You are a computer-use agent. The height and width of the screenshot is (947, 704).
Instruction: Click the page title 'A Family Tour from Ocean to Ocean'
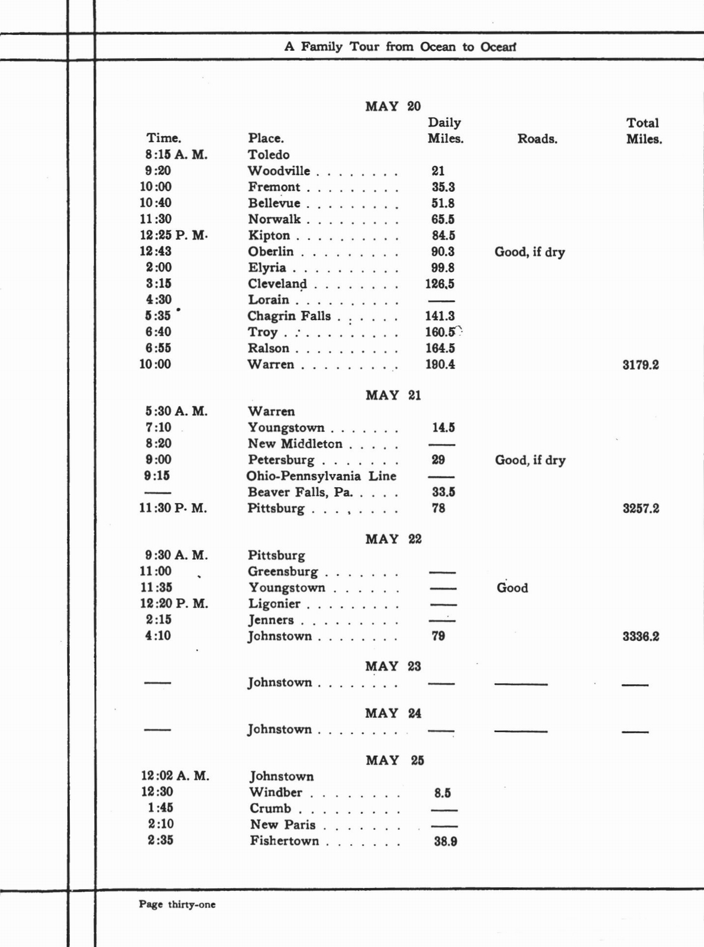tap(400, 47)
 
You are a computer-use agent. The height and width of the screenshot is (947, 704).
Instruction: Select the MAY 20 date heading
tap(393, 107)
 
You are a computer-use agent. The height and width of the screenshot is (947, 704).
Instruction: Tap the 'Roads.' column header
tap(537, 139)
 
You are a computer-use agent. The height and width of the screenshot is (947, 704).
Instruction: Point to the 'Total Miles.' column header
tap(644, 131)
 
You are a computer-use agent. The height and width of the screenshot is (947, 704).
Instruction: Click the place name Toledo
tap(269, 155)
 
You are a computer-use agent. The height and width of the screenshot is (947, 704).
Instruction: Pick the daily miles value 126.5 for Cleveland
tap(440, 284)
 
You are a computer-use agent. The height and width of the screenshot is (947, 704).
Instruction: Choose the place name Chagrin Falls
tap(289, 316)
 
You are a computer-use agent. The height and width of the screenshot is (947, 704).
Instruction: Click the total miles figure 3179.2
tap(641, 365)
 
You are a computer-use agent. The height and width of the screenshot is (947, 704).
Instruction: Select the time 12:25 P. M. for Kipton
tap(173, 236)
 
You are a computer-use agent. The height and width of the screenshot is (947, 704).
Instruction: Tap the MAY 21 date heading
tap(393, 395)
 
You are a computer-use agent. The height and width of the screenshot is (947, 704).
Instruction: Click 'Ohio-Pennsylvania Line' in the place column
tap(321, 476)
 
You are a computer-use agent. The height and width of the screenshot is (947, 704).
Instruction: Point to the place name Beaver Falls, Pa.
tap(300, 492)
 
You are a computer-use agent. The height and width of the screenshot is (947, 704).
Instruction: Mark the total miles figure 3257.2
tap(641, 508)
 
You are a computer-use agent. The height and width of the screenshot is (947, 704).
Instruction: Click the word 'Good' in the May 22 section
tap(512, 588)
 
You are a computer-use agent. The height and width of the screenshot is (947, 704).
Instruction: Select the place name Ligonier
tap(274, 604)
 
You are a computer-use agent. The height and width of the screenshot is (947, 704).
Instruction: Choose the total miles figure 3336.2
tap(641, 637)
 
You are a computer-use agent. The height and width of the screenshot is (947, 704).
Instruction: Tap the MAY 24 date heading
tap(393, 714)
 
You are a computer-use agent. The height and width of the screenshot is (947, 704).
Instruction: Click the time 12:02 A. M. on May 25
tap(175, 776)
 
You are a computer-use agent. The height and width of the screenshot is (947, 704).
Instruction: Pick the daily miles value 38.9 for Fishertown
tap(445, 842)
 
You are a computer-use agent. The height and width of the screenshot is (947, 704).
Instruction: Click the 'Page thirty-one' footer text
tap(177, 904)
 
